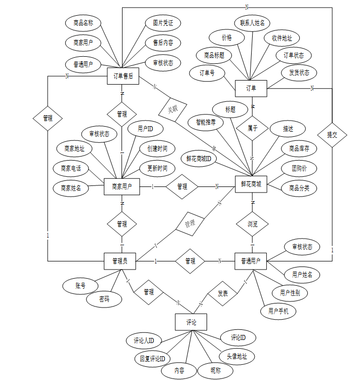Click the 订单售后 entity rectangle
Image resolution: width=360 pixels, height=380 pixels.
[x=123, y=77]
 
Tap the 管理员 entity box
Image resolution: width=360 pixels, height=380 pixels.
[x=123, y=261]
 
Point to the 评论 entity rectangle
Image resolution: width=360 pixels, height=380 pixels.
[x=191, y=322]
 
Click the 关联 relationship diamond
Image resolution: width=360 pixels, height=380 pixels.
[x=173, y=109]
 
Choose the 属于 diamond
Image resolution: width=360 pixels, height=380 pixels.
[x=252, y=128]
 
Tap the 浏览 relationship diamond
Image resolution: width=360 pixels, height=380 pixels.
[x=252, y=223]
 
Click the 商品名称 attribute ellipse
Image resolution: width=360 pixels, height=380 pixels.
[x=84, y=23]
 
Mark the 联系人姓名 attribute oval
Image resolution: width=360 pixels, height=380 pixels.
[x=252, y=23]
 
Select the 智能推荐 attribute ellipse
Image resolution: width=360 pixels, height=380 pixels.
[x=206, y=122]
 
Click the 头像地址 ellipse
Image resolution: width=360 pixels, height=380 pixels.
[x=236, y=356]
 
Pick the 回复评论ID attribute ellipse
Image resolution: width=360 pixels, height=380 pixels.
[x=152, y=359]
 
